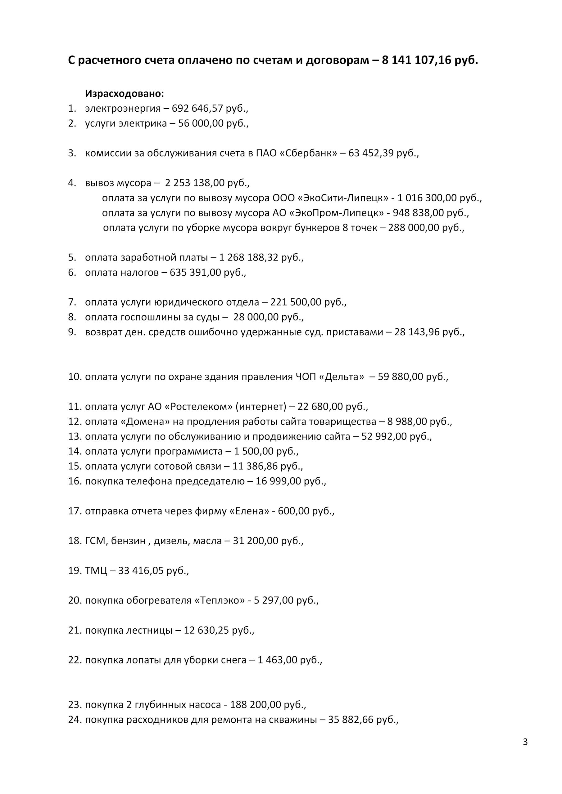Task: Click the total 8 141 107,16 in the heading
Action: pos(418,60)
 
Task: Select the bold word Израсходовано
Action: pos(124,94)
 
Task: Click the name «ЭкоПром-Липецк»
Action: pos(336,213)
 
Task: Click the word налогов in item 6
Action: pos(140,273)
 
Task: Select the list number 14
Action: pos(74,451)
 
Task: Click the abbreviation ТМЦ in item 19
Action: pos(96,571)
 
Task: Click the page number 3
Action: pos(525,742)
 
